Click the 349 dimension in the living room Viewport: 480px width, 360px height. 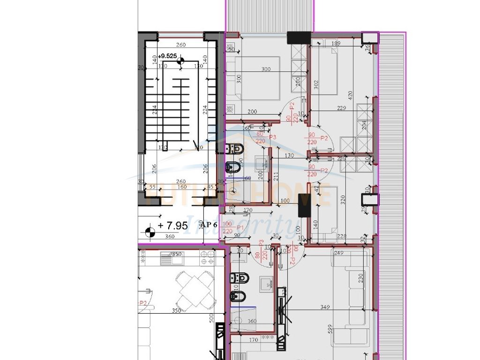[x=324, y=308]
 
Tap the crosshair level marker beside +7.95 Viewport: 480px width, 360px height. [x=150, y=230]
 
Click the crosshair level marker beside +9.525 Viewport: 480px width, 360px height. [x=180, y=60]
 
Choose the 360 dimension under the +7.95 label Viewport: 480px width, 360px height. [x=170, y=237]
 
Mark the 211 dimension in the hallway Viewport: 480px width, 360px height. [x=276, y=177]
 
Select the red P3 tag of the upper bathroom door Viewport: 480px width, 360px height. [x=271, y=137]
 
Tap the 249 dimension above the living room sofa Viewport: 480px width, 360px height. [x=339, y=253]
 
